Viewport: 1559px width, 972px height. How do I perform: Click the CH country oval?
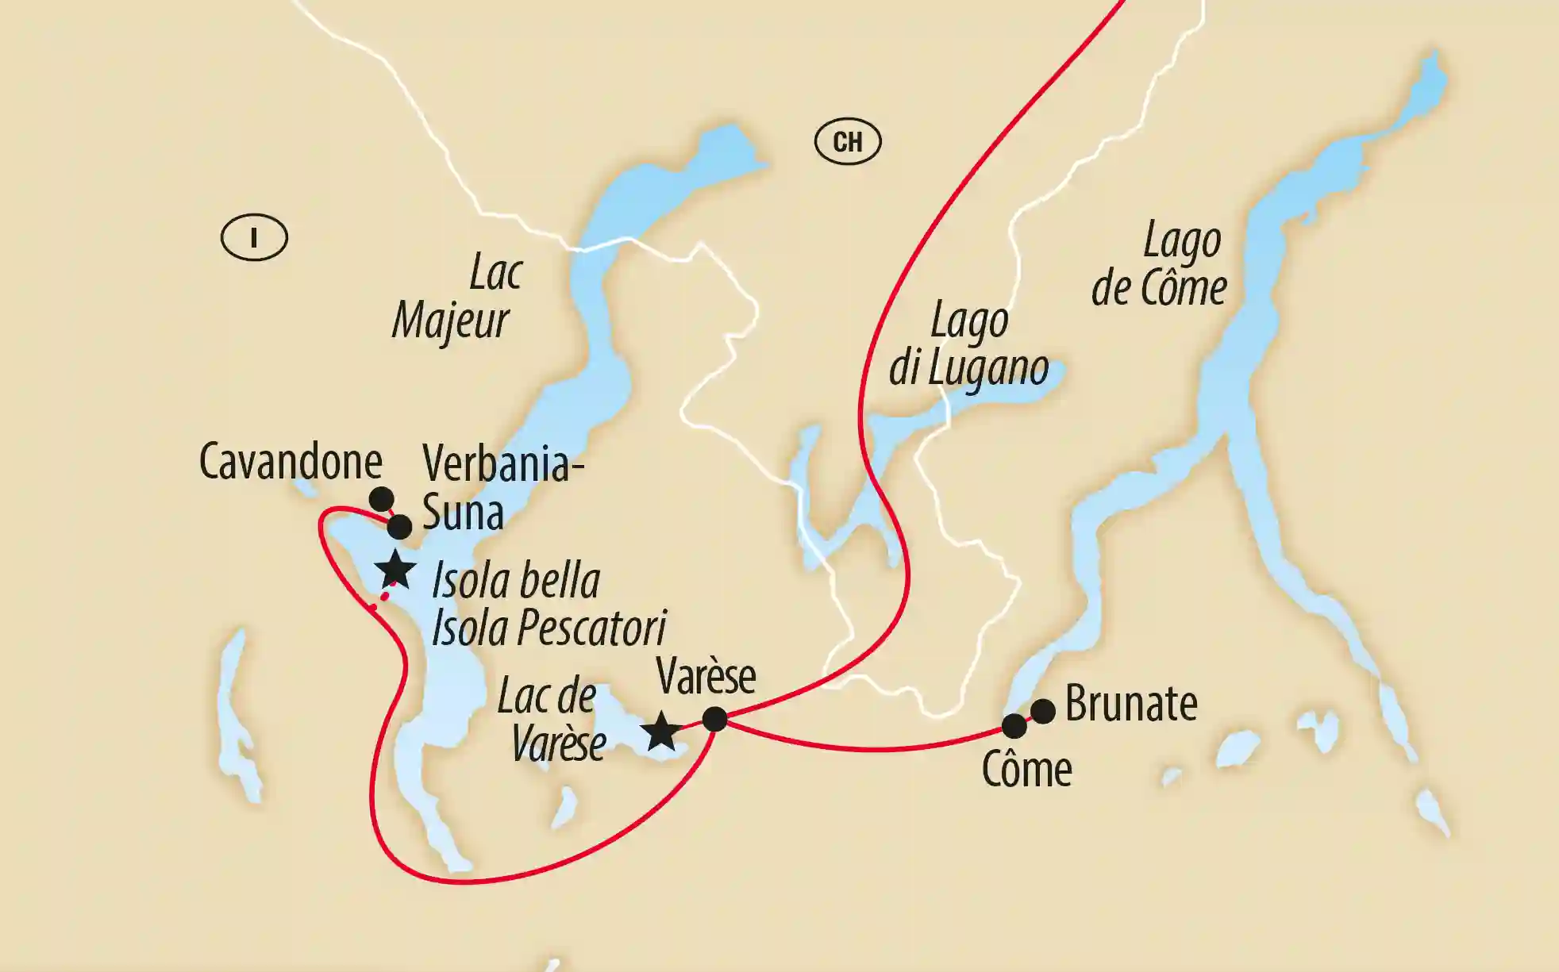click(x=848, y=142)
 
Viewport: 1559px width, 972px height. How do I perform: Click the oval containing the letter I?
click(x=254, y=237)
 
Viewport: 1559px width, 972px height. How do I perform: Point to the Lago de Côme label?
click(x=1161, y=265)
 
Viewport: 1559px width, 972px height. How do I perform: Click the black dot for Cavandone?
click(x=382, y=499)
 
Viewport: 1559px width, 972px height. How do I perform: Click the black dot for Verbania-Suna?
click(x=399, y=526)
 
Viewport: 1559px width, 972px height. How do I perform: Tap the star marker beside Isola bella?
click(x=395, y=570)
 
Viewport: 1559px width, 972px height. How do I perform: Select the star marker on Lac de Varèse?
click(x=660, y=732)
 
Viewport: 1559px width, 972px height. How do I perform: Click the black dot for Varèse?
click(x=715, y=719)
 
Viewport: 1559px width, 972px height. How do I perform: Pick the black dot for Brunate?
click(x=1043, y=711)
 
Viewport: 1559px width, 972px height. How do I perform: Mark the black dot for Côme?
click(x=1014, y=726)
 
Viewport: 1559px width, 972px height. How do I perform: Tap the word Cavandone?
click(x=291, y=461)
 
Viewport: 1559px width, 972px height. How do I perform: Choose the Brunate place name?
click(x=1131, y=704)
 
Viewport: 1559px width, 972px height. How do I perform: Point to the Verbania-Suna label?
click(x=500, y=487)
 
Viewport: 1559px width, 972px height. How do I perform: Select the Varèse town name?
click(x=706, y=677)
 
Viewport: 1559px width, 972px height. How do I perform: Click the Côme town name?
click(x=1026, y=769)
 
